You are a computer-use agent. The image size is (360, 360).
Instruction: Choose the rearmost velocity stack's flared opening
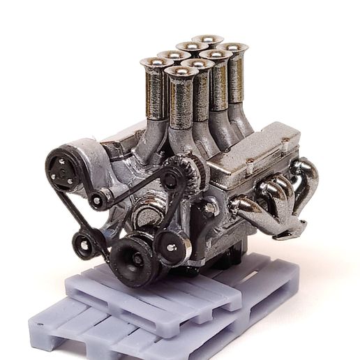(207, 39)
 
